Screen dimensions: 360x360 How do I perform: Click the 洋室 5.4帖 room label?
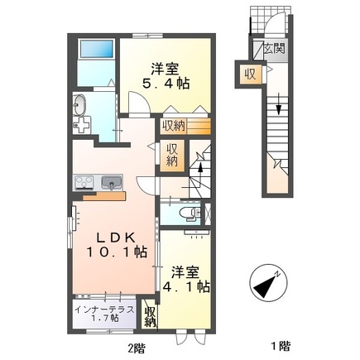point(166,76)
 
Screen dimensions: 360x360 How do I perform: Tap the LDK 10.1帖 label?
point(117,245)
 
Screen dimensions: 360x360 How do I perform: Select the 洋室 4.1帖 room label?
point(185,280)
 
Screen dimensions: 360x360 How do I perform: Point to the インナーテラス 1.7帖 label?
point(105,314)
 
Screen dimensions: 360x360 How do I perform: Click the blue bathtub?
point(97,50)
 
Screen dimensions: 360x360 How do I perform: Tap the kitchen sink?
point(112,183)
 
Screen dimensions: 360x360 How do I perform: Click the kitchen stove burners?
point(84,183)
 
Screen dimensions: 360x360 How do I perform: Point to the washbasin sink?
point(79,105)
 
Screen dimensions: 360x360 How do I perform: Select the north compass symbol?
point(268,286)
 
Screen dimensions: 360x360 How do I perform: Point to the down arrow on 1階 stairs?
point(279,104)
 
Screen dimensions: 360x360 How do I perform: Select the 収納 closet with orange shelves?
point(185,127)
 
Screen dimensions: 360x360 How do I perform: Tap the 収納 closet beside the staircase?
point(172,156)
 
